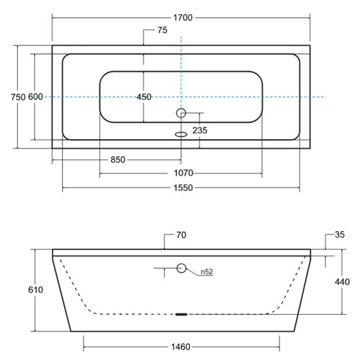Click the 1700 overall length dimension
click(x=183, y=18)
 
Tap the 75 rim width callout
click(x=162, y=30)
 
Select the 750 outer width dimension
click(x=18, y=97)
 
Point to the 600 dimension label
click(x=35, y=97)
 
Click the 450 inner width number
click(x=144, y=97)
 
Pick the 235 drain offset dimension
click(x=199, y=130)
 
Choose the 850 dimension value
click(x=118, y=160)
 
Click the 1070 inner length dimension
click(x=184, y=173)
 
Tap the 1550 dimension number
click(x=183, y=188)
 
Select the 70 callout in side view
click(x=181, y=235)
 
